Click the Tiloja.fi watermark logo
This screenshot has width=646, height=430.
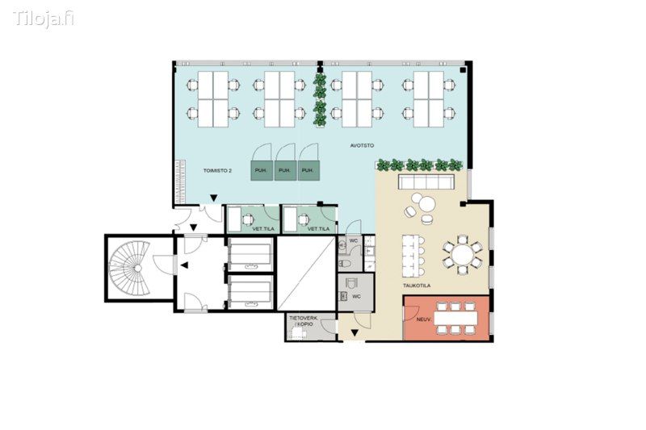[x=44, y=19]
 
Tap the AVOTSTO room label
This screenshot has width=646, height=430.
[x=362, y=146]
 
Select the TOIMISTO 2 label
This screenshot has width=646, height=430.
[x=217, y=170]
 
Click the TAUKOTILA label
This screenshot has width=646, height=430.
[x=417, y=285]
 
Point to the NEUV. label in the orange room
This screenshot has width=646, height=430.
[x=423, y=319]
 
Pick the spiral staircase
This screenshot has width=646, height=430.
[x=129, y=269]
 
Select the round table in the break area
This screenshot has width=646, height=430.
[x=462, y=255]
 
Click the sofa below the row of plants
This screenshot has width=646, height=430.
[x=426, y=182]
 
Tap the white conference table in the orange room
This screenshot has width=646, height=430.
[x=455, y=318]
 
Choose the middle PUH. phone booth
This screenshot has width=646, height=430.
[x=285, y=170]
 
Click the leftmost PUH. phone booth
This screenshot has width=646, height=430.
[x=262, y=170]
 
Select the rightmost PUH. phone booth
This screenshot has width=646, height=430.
[x=308, y=170]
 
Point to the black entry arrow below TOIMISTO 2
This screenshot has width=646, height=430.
[x=214, y=198]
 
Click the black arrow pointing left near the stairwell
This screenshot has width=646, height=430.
[x=184, y=265]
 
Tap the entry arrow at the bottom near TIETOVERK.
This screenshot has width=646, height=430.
[x=354, y=333]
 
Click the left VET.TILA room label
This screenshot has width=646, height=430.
[x=263, y=229]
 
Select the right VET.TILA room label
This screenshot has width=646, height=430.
[x=319, y=229]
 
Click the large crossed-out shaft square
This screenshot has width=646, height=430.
[x=306, y=273]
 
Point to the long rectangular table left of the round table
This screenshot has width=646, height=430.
[x=412, y=255]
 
